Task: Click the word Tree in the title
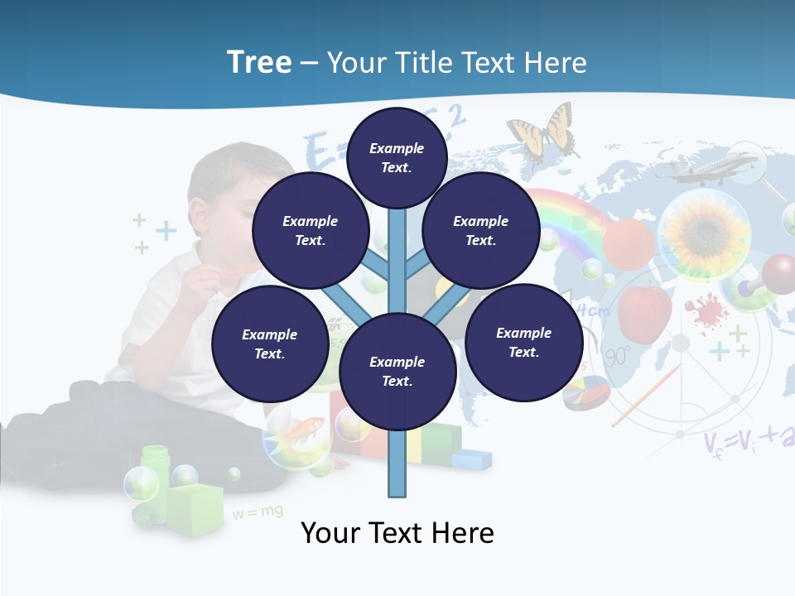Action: coord(259,63)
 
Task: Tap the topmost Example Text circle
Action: coord(397,156)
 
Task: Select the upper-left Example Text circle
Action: coord(310,231)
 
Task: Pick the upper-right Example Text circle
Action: coord(480,231)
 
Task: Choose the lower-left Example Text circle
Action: coord(269,344)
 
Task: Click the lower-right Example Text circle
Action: coord(523,342)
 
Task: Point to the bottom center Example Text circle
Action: coord(397,371)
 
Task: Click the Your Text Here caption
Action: coord(397,532)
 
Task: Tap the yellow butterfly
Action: coord(542,132)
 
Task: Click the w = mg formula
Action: coord(258,512)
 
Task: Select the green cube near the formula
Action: coord(196,506)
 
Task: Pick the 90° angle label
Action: coord(618,357)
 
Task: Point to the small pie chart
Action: coord(585,392)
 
